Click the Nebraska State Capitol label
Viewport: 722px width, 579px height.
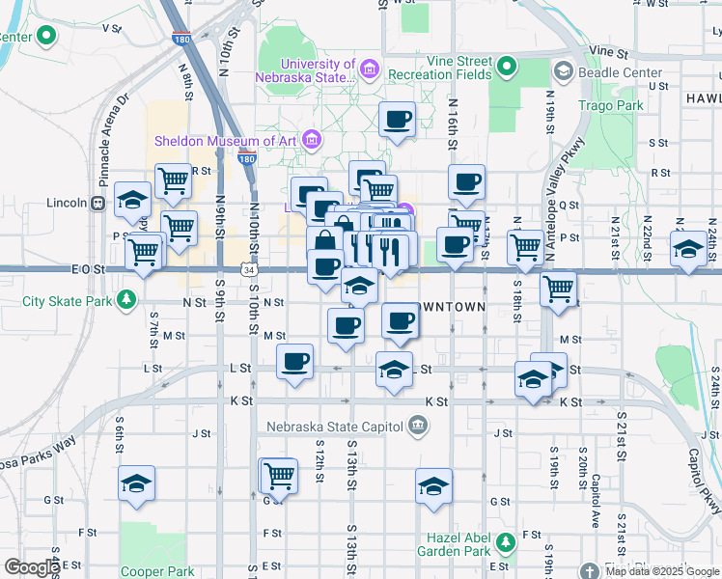(332, 425)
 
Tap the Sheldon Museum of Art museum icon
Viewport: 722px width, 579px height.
(311, 141)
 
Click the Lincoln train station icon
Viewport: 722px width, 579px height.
(97, 204)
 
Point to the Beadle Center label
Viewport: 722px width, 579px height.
(621, 72)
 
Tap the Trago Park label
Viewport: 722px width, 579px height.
(610, 104)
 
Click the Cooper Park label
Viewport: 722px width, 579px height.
(158, 571)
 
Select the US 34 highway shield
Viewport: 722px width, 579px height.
(249, 271)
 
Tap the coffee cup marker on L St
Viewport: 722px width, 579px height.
(295, 362)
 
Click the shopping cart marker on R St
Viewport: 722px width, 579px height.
(173, 179)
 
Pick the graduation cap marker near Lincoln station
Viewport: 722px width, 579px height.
(133, 200)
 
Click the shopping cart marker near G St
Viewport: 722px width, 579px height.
(279, 475)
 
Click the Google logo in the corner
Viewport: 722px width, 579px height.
(32, 567)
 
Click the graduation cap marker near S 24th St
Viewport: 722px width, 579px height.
(689, 249)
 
